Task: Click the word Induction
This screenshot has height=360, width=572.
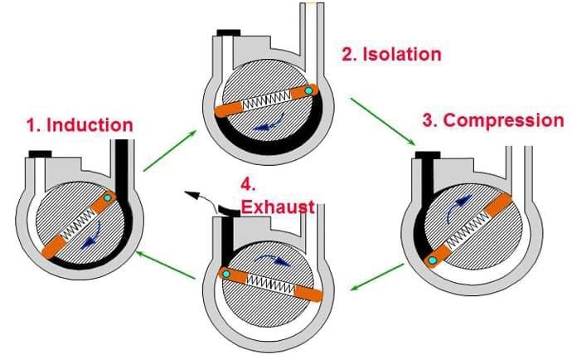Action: [90, 125]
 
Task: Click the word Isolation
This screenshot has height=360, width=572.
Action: [402, 54]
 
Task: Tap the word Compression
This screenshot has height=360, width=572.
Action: [504, 120]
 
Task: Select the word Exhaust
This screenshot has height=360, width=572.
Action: [278, 207]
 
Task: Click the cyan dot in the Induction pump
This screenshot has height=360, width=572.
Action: [107, 197]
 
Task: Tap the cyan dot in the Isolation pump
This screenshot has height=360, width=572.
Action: [308, 90]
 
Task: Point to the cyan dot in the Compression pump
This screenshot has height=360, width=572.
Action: [432, 260]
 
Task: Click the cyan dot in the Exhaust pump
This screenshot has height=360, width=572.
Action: [225, 274]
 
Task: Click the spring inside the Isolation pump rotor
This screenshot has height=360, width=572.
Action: [266, 100]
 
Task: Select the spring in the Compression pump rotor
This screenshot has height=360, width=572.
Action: [468, 229]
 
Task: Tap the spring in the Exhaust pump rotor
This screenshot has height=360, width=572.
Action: [271, 285]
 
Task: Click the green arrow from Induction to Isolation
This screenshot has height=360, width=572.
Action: [170, 150]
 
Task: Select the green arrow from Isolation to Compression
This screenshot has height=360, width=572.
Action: [383, 121]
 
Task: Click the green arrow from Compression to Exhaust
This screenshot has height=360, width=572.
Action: [377, 277]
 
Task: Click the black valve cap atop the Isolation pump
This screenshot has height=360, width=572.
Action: [229, 33]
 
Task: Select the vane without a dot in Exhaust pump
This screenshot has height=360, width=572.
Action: [308, 293]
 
